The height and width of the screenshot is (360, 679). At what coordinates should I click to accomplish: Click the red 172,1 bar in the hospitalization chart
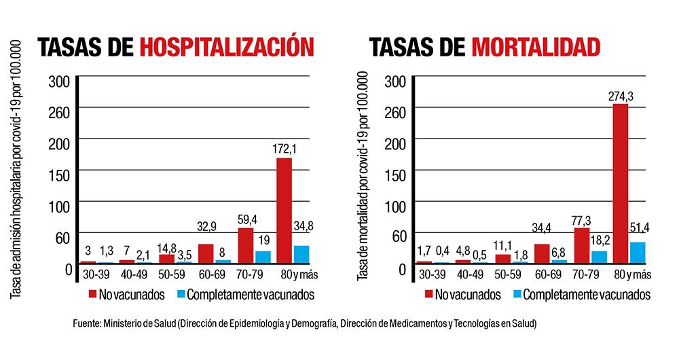(284, 211)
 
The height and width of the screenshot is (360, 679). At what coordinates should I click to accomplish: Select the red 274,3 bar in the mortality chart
(620, 183)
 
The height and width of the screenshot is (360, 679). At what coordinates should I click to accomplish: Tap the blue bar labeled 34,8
(301, 254)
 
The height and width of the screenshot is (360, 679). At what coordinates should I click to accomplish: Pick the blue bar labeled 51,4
(637, 252)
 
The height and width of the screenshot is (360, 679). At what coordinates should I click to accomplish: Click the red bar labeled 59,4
(245, 245)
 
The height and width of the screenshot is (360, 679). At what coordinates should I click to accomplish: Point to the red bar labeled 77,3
(582, 245)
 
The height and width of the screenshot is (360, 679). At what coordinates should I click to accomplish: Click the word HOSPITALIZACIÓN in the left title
(227, 47)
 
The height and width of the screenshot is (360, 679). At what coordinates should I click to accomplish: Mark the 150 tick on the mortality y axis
(395, 175)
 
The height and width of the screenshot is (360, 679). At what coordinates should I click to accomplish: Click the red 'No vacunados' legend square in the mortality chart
(429, 294)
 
